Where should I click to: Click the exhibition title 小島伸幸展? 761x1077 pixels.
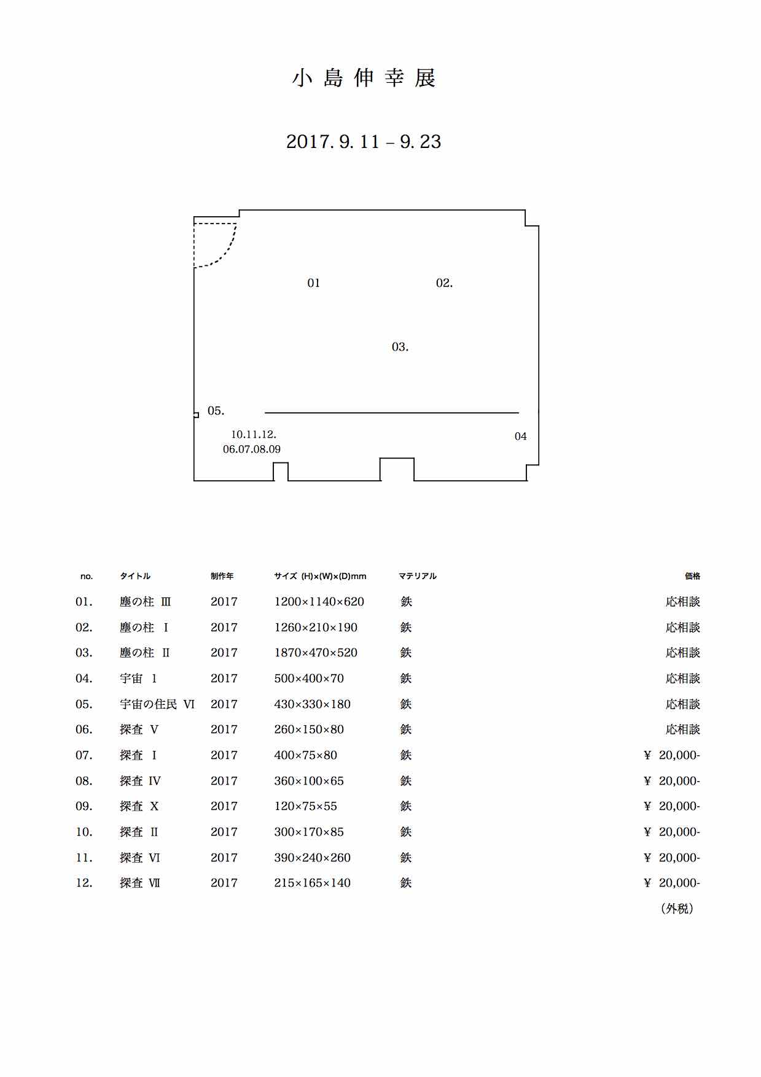click(364, 79)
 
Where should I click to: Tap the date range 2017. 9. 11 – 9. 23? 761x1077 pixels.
click(364, 142)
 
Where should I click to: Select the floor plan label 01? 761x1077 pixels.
click(314, 283)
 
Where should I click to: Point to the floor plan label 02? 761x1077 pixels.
click(444, 283)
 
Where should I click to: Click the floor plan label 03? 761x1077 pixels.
click(400, 347)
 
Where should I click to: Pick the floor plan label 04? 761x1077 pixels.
click(521, 437)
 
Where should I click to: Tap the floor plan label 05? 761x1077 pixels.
click(216, 411)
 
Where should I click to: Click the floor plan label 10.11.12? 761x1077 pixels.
click(254, 435)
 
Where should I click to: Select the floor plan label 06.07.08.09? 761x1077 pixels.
click(252, 449)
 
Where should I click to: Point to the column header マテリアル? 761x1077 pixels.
click(418, 576)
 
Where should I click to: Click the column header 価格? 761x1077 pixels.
click(693, 576)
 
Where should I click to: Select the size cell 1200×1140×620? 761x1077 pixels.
click(319, 602)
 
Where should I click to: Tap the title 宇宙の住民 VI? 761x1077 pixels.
click(157, 704)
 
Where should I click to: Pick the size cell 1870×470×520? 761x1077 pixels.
click(316, 653)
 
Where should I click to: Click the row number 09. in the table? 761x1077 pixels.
click(84, 806)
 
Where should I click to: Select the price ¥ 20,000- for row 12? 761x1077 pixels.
click(672, 883)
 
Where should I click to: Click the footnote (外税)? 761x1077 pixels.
click(677, 909)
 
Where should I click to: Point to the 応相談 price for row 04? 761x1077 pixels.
click(683, 678)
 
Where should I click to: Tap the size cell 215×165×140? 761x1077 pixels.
click(313, 883)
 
